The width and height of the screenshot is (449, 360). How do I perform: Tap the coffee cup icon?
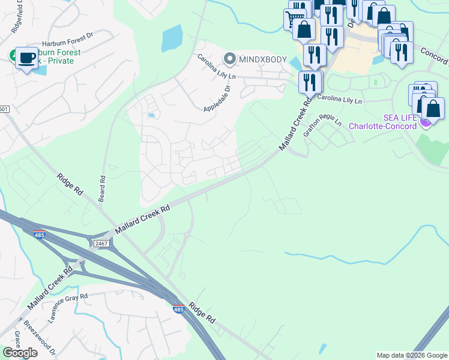tap(26, 58)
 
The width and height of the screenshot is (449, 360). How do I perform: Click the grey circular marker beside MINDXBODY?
tap(229, 58)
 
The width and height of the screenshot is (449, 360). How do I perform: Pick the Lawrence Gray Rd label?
tap(68, 304)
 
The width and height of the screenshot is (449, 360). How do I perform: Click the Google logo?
tap(20, 352)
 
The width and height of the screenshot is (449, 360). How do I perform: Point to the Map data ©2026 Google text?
tap(411, 355)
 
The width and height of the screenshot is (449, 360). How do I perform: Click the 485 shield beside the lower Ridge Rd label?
tap(178, 310)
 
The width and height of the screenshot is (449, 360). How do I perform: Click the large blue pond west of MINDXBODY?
tap(172, 38)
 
